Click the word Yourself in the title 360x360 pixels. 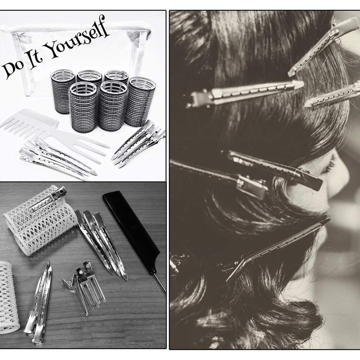(x=77, y=37)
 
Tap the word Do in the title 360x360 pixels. (x=13, y=69)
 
